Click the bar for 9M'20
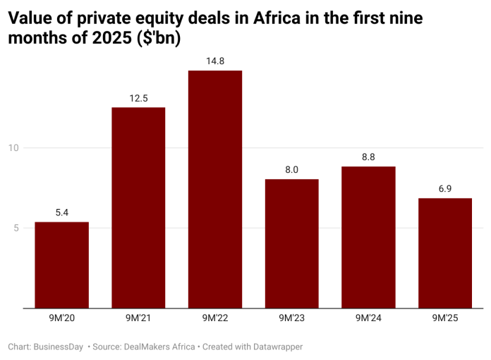(x=61, y=265)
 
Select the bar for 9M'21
(x=138, y=208)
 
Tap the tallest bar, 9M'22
(x=215, y=189)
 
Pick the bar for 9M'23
(x=291, y=244)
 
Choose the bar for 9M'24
(x=368, y=237)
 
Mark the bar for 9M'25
(x=445, y=253)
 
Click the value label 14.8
(x=215, y=61)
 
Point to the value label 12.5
(x=138, y=98)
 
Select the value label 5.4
(x=61, y=212)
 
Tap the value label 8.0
(x=291, y=170)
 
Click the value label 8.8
(x=368, y=157)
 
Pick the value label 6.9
(x=445, y=189)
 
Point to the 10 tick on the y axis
(x=13, y=148)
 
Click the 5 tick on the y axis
(x=16, y=228)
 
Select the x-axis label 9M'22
(x=215, y=318)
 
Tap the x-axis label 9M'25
(x=445, y=318)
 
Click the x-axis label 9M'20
(x=61, y=318)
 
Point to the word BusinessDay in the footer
(x=59, y=347)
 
